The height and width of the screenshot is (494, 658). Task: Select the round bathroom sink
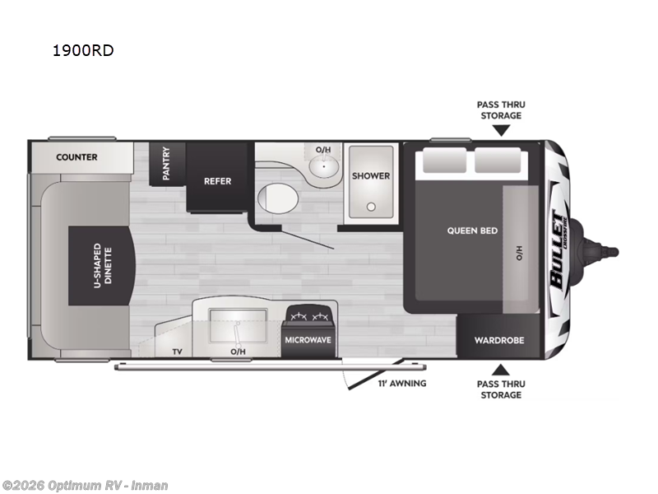pos(322,169)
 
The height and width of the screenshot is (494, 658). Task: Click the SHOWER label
pos(371,175)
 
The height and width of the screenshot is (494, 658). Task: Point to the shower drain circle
pos(371,207)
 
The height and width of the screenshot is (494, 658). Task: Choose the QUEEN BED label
pos(472,231)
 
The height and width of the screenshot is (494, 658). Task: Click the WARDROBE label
pos(499,340)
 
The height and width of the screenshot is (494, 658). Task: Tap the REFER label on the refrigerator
pos(218,181)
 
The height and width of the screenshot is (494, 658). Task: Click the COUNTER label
pos(76,156)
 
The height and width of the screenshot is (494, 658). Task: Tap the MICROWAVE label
pos(308,339)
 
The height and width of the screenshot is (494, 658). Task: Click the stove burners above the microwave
pos(308,316)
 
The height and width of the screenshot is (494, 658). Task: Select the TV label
pos(177,352)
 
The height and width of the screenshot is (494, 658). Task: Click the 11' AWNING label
pos(402,384)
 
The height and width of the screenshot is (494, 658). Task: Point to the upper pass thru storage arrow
pos(500,130)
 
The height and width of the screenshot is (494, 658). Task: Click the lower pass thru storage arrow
pos(500,368)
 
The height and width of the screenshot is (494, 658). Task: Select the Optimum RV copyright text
pos(85,485)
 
